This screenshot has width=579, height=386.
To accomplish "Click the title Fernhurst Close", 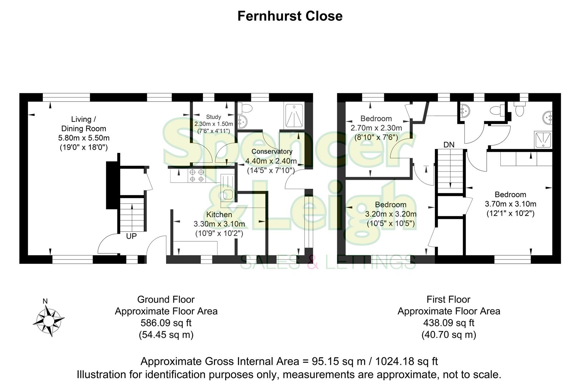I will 290,16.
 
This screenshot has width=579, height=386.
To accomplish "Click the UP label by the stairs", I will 131,236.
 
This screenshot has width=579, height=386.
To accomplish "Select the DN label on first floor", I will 449,145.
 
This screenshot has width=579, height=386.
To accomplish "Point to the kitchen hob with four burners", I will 197,175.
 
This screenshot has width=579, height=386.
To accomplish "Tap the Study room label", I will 213,117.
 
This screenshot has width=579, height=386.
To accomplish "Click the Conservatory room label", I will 272,152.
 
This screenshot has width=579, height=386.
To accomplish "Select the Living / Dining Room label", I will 84,124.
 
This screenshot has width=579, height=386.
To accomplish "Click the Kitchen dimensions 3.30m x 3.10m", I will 219,224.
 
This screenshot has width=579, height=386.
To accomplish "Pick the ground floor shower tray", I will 295,115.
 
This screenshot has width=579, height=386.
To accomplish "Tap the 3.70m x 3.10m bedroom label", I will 510,204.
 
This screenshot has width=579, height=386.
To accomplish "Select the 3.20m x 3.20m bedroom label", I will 391,214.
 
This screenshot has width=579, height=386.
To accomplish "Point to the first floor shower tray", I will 543,139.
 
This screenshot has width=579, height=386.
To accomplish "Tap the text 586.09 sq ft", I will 166,323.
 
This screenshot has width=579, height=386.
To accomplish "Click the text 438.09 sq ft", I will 449,323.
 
